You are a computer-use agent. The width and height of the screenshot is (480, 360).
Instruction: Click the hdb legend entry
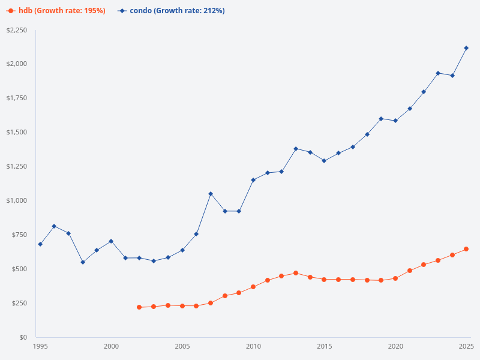click(x=56, y=10)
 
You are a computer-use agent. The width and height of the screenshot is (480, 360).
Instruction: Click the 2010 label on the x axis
click(x=253, y=346)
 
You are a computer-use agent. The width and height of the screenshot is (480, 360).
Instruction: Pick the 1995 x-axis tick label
click(x=40, y=346)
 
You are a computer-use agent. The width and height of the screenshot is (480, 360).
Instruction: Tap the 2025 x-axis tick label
click(x=466, y=346)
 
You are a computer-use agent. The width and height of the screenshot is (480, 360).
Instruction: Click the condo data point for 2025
click(x=466, y=48)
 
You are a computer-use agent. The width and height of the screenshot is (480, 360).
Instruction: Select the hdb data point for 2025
click(x=466, y=249)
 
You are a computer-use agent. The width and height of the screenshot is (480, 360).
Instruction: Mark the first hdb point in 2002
click(x=139, y=307)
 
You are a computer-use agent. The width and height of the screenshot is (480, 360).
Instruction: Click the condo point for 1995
click(x=40, y=244)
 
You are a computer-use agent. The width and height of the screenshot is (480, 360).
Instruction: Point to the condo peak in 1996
click(x=54, y=226)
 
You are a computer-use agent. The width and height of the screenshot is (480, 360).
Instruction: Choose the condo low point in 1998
click(x=83, y=262)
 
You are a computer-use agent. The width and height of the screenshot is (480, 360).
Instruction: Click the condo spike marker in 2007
click(x=211, y=194)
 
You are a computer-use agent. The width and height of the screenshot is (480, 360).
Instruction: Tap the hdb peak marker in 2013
click(x=296, y=273)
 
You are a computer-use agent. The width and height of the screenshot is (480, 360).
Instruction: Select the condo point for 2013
click(x=296, y=149)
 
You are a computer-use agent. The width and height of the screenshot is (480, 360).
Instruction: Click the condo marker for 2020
click(x=395, y=121)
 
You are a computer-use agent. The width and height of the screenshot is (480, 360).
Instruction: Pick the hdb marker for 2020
click(x=395, y=278)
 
